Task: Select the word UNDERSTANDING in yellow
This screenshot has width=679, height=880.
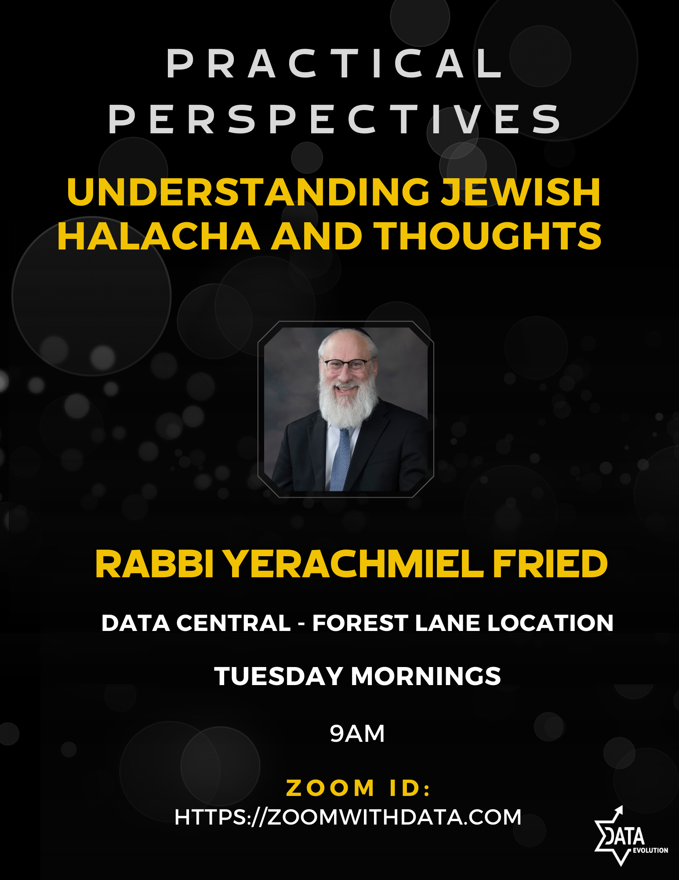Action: click(248, 192)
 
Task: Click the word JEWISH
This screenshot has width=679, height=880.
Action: click(520, 192)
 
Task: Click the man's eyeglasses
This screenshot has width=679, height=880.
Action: click(346, 365)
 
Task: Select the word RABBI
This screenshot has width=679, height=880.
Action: click(155, 564)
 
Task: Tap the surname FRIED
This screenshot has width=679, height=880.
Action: click(550, 564)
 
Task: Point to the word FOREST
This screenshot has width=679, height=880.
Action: click(360, 623)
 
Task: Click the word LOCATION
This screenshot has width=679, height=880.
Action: click(550, 623)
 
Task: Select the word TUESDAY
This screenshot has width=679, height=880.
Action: click(278, 676)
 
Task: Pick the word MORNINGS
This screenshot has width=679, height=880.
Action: click(426, 676)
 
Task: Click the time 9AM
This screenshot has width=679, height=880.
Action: click(357, 733)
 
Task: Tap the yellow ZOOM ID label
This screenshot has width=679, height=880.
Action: click(358, 788)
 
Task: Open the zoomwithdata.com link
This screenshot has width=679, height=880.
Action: click(348, 817)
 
